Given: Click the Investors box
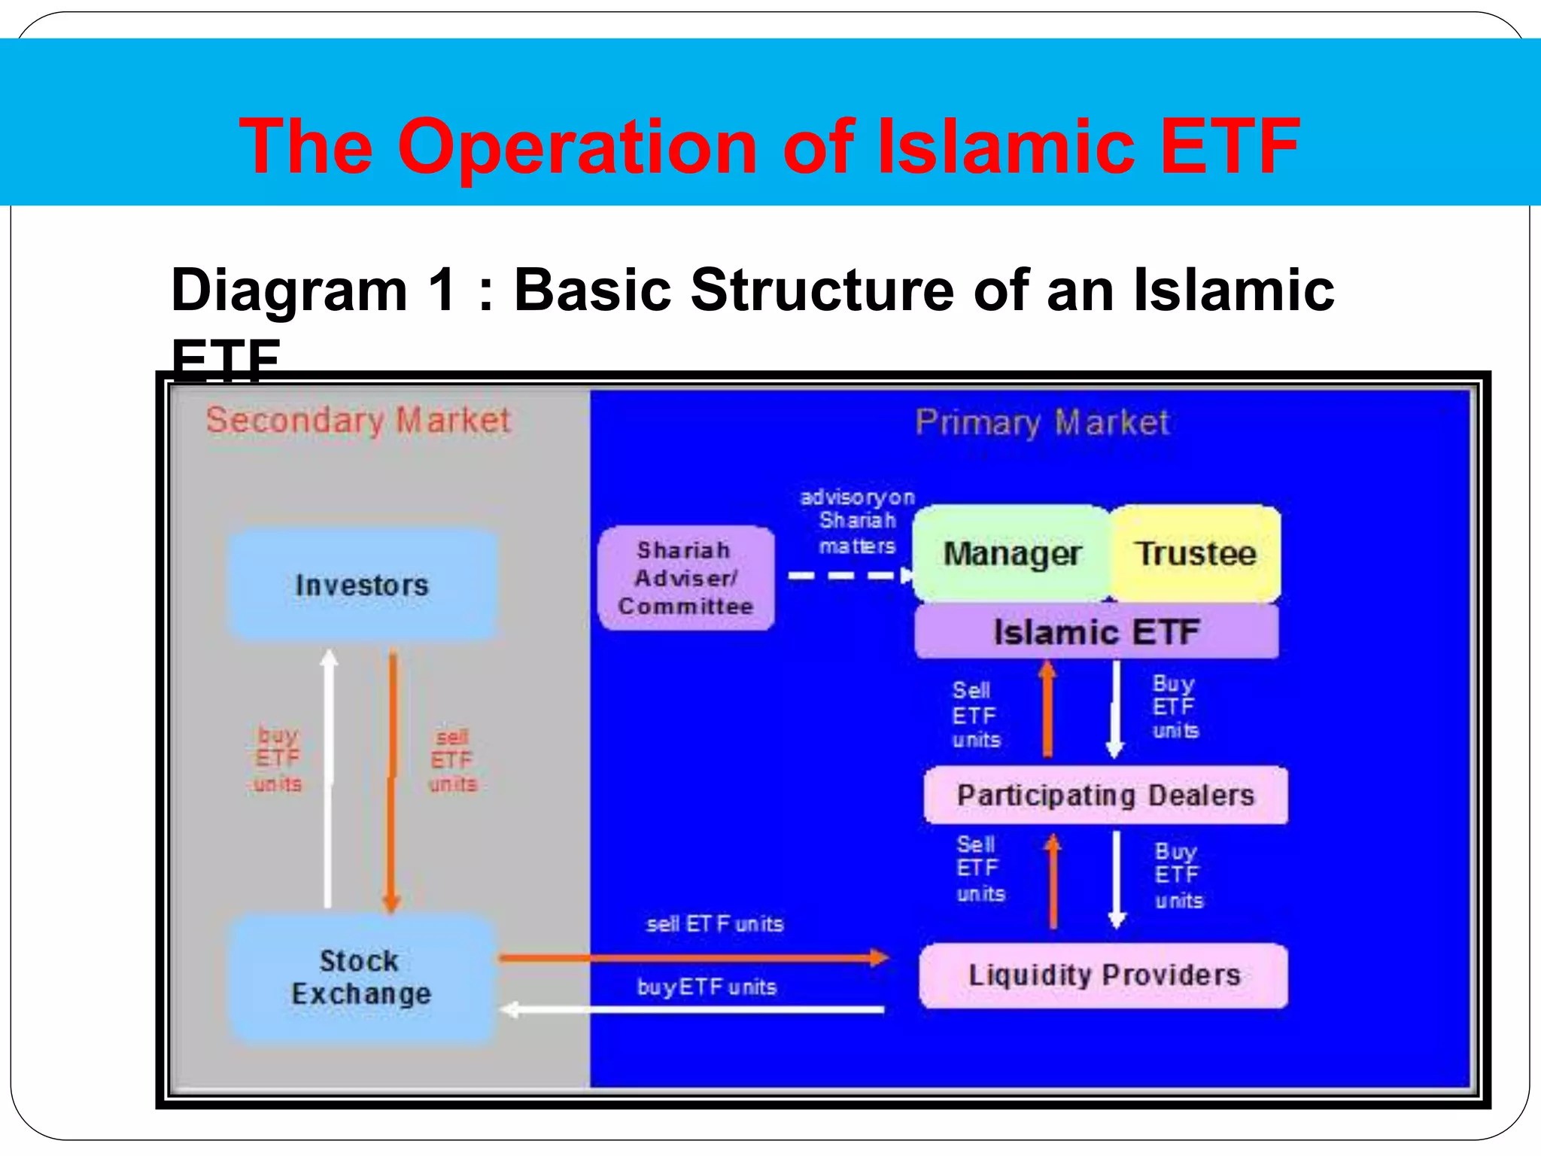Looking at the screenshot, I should click(x=362, y=585).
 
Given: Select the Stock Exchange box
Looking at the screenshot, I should click(x=362, y=977).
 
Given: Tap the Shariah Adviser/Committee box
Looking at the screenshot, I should click(x=685, y=578).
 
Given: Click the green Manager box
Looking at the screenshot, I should click(x=1011, y=554).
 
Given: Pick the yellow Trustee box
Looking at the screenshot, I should click(x=1195, y=554).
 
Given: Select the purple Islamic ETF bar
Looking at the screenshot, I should click(x=1096, y=631).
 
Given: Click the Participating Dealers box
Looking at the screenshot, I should click(x=1105, y=796).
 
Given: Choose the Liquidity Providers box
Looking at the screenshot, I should click(x=1104, y=975).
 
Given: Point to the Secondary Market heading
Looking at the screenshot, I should click(x=358, y=420).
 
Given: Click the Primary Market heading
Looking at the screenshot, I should click(x=1042, y=422).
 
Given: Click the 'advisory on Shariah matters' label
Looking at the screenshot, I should click(x=857, y=521).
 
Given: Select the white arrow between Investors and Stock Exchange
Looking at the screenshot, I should click(x=328, y=779).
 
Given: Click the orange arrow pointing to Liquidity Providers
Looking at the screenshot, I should click(x=692, y=958).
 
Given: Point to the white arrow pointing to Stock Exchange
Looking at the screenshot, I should click(x=692, y=1009).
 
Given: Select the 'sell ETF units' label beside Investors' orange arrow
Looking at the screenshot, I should click(x=452, y=760).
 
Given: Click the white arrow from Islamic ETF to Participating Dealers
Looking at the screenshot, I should click(x=1116, y=707).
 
